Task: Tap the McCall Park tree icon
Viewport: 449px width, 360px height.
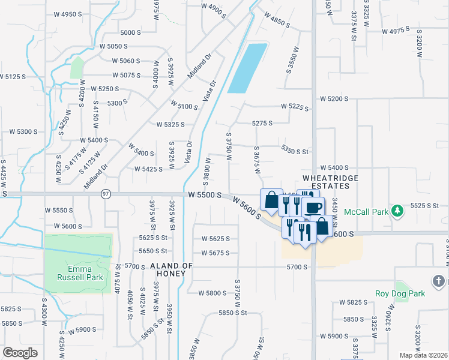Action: pyautogui.click(x=397, y=211)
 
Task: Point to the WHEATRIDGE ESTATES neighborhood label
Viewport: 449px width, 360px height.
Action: pyautogui.click(x=330, y=182)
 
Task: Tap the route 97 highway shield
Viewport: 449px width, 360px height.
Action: pyautogui.click(x=106, y=194)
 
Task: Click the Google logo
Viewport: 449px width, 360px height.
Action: pyautogui.click(x=20, y=353)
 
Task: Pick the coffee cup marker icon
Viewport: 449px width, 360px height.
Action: pyautogui.click(x=313, y=208)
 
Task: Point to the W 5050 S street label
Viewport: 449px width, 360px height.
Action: pyautogui.click(x=114, y=46)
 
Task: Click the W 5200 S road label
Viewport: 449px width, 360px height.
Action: pyautogui.click(x=334, y=98)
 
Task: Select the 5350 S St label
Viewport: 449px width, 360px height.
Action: pyautogui.click(x=294, y=150)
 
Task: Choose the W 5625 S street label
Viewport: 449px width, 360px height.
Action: pyautogui.click(x=215, y=239)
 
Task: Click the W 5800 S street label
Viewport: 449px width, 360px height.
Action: pyautogui.click(x=215, y=293)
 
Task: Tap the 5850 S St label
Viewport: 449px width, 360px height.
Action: pyautogui.click(x=233, y=313)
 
